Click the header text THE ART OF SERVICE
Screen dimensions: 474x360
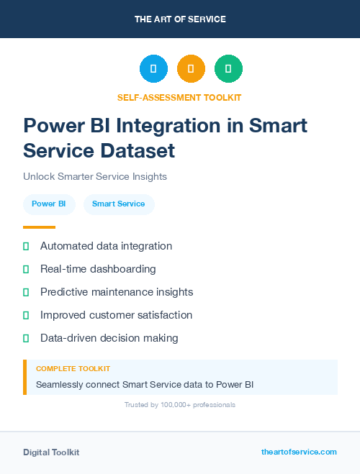180,19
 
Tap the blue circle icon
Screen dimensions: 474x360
153,69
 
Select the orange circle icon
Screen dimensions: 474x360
191,69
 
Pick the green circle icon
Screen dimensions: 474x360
228,69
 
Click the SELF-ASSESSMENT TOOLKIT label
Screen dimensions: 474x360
180,97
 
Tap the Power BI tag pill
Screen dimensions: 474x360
49,204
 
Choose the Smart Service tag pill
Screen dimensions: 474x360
119,204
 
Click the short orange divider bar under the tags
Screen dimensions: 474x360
39,227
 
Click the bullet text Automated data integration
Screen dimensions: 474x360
106,246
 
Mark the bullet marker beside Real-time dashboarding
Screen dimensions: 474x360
26,269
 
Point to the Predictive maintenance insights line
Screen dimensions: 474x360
117,292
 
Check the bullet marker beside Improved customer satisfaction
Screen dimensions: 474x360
26,315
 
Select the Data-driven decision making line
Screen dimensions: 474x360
109,338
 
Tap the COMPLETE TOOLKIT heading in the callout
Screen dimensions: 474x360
73,369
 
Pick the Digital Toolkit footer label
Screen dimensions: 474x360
51,452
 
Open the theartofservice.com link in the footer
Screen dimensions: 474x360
299,452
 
